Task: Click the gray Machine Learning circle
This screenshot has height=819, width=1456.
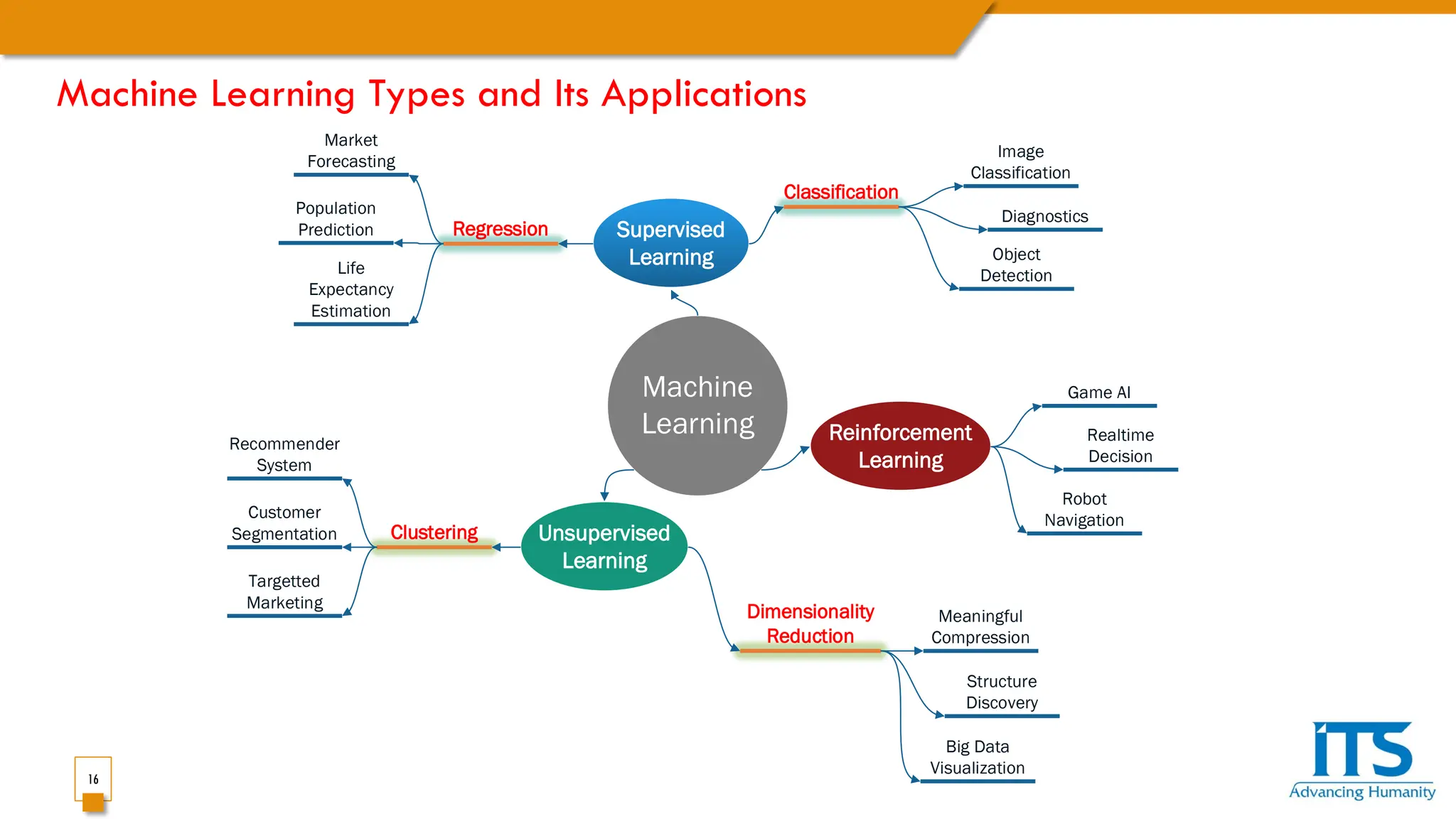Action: click(697, 405)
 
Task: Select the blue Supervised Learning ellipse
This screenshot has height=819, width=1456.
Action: click(670, 243)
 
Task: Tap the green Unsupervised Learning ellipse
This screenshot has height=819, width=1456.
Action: click(604, 547)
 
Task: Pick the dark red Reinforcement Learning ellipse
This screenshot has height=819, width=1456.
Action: click(900, 446)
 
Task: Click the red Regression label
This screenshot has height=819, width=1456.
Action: click(500, 229)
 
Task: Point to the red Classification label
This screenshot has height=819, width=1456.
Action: click(840, 192)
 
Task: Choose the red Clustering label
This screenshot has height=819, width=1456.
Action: click(434, 532)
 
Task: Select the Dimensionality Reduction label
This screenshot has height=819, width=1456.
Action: click(810, 623)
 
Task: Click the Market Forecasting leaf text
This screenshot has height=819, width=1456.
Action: click(351, 151)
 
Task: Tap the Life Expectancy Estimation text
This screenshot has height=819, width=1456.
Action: click(351, 289)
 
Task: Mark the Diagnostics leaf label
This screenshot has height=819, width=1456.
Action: click(1044, 216)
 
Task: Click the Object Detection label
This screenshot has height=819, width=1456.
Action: click(1016, 264)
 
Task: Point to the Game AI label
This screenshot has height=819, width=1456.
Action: click(1098, 392)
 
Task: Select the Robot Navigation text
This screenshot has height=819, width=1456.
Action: click(1084, 510)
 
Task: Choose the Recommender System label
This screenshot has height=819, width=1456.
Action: click(284, 454)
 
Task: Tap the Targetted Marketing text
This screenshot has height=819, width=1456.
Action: click(284, 591)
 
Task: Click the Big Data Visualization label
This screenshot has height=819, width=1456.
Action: click(978, 757)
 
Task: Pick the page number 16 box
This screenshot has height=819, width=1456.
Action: click(93, 779)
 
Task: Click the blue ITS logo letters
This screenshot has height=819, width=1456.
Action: click(1361, 750)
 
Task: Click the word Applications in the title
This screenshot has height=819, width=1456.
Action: click(704, 95)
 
